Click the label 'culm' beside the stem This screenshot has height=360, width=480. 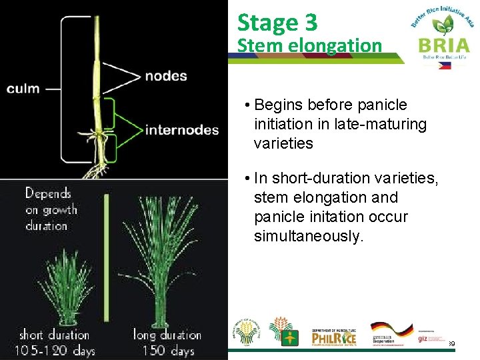tap(23, 89)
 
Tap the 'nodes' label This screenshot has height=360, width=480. tap(166, 76)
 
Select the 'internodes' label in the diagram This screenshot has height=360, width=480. tap(182, 129)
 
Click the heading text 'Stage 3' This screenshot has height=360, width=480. tap(277, 23)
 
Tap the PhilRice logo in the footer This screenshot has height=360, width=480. tap(334, 337)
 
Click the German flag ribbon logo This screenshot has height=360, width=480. tap(391, 331)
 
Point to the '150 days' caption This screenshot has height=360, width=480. tap(164, 349)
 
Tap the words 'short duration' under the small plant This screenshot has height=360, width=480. tap(54, 335)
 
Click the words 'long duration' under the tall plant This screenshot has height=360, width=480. tap(167, 335)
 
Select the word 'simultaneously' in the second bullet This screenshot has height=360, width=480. tap(309, 237)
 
